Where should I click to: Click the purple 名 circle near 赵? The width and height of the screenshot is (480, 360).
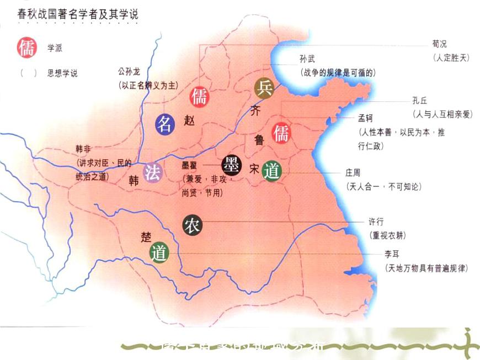pos(164,124)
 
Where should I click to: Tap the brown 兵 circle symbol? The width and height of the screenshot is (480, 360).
pos(264,87)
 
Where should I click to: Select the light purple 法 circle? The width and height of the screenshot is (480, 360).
pos(153,173)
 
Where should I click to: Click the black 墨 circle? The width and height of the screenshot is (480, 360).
pos(231,164)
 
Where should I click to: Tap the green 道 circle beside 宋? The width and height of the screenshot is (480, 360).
pos(271,170)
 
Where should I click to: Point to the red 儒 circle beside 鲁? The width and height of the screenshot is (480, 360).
pos(281,132)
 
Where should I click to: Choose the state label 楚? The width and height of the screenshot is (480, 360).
pos(146,237)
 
